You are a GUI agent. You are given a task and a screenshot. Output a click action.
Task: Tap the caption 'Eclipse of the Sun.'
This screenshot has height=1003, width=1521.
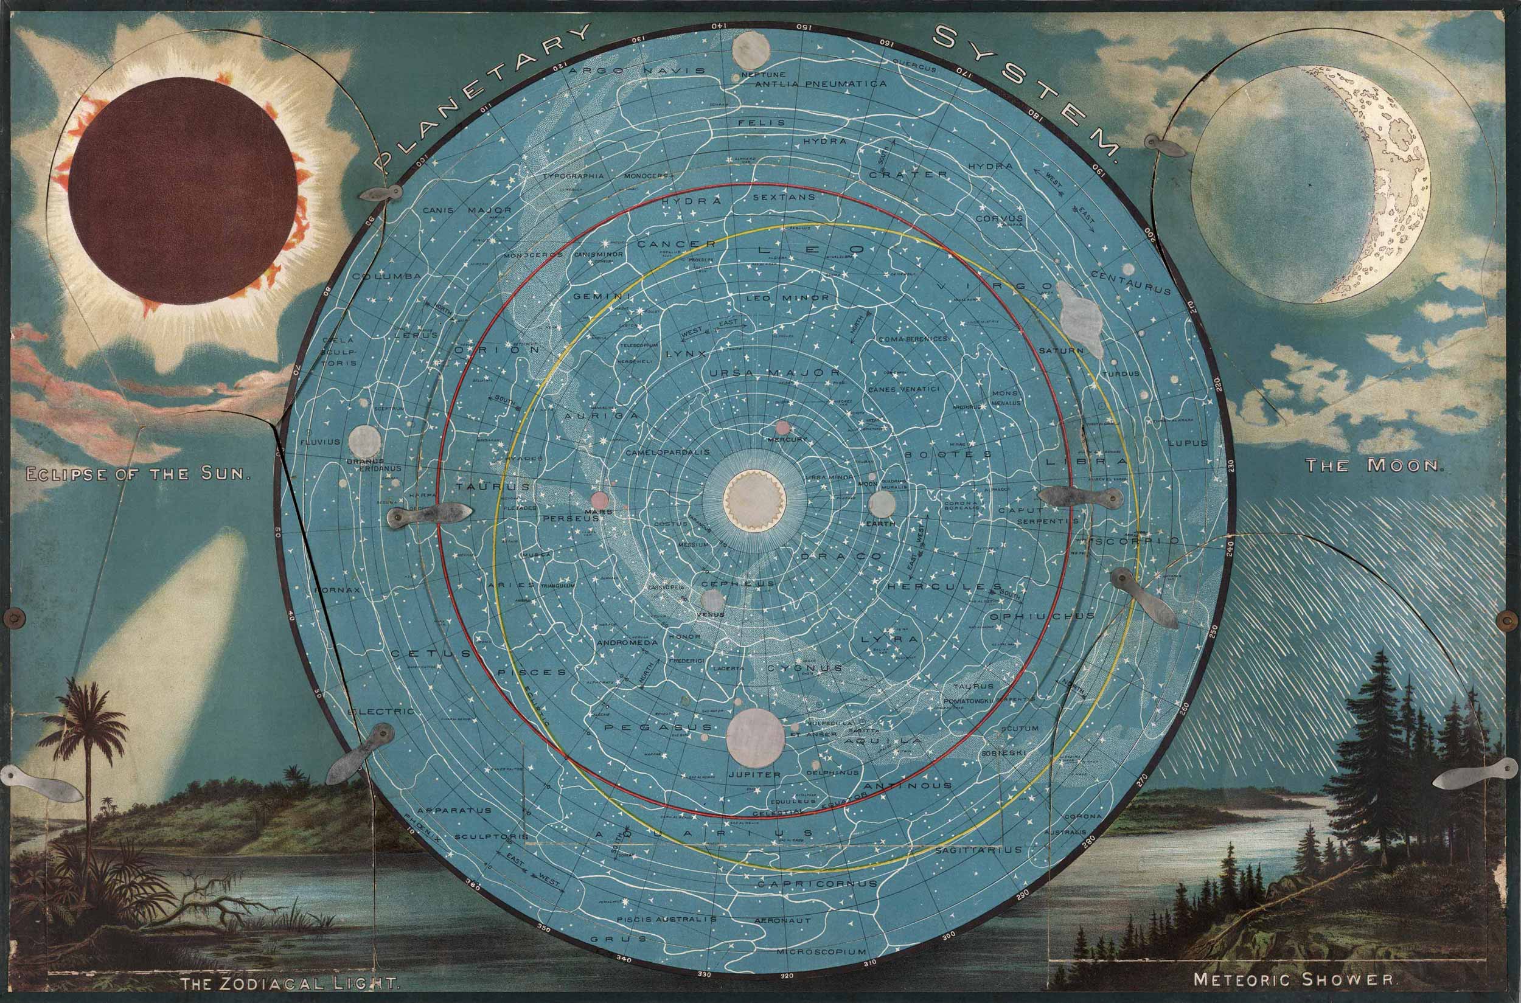[x=136, y=474]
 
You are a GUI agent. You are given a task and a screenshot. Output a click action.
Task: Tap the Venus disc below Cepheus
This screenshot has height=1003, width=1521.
[x=712, y=599]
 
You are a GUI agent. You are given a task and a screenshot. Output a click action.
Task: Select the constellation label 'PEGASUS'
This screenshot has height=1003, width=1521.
[x=658, y=727]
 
